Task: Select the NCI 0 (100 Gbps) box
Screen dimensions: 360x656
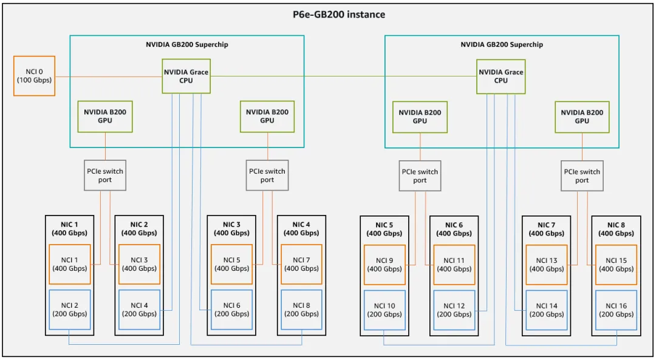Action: point(34,76)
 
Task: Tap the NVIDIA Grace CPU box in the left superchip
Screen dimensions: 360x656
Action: point(186,76)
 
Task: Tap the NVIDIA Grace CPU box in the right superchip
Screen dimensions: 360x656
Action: point(501,76)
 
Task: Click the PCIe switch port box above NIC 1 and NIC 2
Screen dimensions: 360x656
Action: point(105,175)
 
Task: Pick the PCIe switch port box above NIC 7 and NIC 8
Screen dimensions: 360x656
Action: point(582,175)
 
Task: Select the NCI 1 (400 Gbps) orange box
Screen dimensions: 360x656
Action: point(70,264)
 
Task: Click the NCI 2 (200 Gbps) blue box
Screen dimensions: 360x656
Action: point(70,310)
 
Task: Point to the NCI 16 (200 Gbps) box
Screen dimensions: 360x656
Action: point(616,310)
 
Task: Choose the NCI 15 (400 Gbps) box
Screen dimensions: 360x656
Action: point(616,264)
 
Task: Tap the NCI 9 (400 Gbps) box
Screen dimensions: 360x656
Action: point(384,264)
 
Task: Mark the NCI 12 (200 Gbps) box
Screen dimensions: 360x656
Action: point(454,310)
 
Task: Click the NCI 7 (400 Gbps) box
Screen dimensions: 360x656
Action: point(301,264)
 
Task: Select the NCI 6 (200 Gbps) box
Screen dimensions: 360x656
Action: point(231,310)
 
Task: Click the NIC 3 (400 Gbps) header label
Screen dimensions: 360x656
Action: point(231,229)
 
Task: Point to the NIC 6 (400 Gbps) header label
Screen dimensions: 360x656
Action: point(454,229)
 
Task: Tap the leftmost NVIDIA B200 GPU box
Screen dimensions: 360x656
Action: point(105,117)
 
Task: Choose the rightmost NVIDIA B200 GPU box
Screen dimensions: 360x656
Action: point(582,117)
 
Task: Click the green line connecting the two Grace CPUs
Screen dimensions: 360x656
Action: point(343,76)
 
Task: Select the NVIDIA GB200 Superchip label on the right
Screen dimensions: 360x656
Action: point(501,44)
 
